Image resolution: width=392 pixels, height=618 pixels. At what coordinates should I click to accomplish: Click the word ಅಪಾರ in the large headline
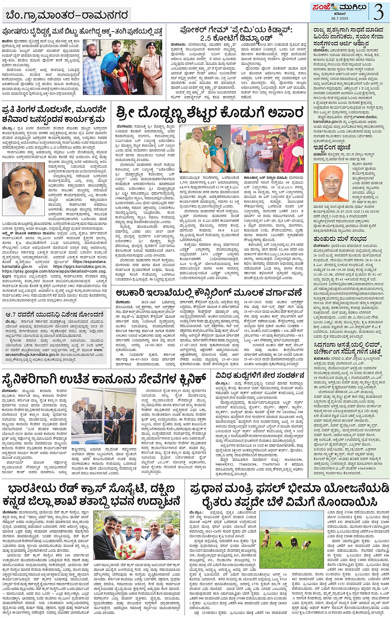(284, 113)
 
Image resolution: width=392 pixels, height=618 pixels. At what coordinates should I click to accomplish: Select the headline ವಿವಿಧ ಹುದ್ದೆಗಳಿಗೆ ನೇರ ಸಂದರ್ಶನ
(261, 375)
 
